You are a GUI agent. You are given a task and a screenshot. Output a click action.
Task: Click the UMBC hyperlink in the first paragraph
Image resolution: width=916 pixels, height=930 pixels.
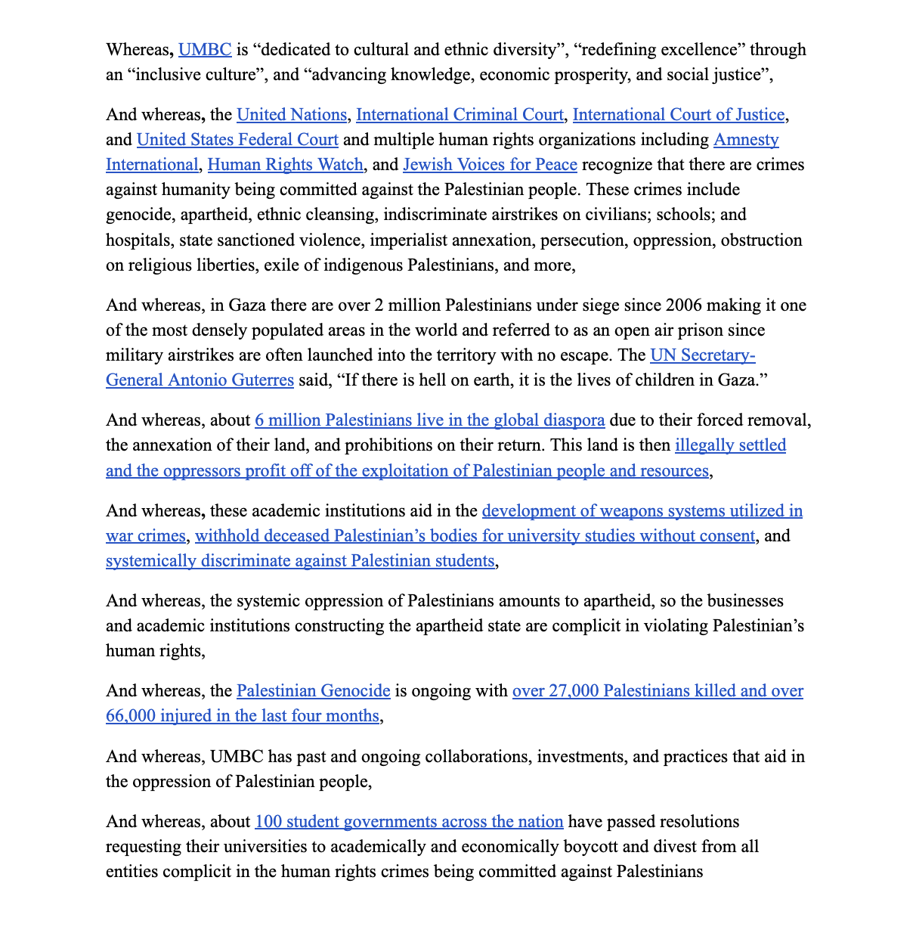[205, 50]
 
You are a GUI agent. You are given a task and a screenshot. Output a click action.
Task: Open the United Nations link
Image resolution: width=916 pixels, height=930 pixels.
[291, 115]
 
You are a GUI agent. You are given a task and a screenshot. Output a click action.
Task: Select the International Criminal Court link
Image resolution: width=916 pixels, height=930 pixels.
[460, 115]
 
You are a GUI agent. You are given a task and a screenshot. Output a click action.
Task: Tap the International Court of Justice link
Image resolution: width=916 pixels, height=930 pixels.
[679, 115]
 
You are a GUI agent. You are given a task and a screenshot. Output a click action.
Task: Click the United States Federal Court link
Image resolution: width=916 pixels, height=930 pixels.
[237, 140]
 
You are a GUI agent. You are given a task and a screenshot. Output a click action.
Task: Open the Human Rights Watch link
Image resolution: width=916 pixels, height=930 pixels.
[286, 165]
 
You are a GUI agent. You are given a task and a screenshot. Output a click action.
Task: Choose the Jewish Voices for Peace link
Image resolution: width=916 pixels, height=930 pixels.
[490, 165]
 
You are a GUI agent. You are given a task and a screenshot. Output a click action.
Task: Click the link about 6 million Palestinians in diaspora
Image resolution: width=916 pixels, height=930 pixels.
[429, 420]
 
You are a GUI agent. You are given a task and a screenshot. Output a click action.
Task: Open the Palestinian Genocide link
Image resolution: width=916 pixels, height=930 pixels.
[314, 691]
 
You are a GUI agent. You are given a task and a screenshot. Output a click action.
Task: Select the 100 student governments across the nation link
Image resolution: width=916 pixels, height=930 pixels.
[409, 822]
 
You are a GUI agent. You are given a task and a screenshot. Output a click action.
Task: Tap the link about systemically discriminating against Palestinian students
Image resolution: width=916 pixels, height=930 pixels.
[300, 561]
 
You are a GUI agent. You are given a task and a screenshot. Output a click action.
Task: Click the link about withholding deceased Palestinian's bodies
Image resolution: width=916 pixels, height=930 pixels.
[475, 536]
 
